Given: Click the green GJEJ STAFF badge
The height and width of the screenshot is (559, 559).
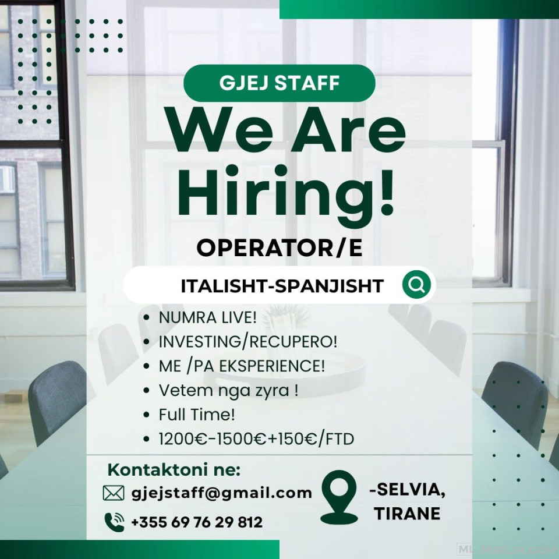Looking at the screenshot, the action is pos(279,83).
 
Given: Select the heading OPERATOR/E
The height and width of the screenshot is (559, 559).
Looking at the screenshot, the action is pos(279,248).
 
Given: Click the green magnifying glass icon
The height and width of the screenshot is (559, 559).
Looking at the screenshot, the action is pos(416,285).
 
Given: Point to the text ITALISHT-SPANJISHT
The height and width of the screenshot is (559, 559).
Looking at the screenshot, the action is pos(282,286).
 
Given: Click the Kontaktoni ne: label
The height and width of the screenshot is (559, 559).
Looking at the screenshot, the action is pos(174,470).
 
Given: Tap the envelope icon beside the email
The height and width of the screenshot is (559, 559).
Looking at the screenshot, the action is pos(114,493).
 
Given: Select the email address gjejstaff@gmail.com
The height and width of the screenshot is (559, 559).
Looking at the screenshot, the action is pos(222,493).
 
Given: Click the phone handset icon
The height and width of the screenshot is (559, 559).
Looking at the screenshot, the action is pos(115,522).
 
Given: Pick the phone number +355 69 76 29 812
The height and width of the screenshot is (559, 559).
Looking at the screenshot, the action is pos(197,522).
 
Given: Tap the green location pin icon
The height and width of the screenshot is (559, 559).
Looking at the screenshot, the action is pos(339,497).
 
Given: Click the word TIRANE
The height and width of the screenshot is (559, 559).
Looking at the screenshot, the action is pos(407,514).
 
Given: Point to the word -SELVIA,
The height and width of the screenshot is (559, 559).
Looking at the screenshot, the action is pos(408,490).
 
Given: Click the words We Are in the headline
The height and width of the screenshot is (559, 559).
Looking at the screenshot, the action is pos(287,130).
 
